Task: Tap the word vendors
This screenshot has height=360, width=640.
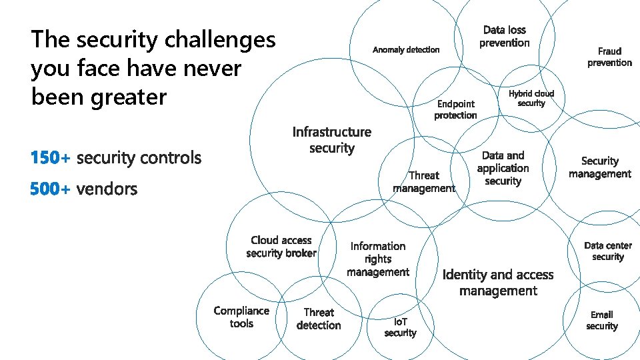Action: [x=107, y=189]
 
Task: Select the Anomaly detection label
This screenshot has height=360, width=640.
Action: [x=406, y=50]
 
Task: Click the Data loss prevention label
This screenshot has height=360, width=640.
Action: [x=504, y=37]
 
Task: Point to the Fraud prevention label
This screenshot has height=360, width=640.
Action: [x=609, y=57]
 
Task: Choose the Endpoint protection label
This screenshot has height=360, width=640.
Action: [x=456, y=109]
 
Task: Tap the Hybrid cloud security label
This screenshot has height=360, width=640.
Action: [x=531, y=98]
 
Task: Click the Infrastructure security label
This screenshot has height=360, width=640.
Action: [x=332, y=140]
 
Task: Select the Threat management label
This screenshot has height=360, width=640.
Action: [x=424, y=181]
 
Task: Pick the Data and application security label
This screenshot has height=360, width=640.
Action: [x=503, y=168]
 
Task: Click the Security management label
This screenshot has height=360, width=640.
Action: [x=599, y=167]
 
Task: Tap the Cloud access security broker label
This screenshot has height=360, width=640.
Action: [x=281, y=247]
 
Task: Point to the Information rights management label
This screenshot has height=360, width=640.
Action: [x=378, y=259]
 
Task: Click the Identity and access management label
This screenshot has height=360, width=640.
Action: [x=498, y=283]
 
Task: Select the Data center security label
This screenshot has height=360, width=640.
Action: [x=608, y=251]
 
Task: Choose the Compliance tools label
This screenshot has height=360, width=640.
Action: [x=241, y=317]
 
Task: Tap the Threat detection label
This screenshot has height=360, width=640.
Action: [x=319, y=319]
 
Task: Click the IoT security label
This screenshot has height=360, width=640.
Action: [x=400, y=327]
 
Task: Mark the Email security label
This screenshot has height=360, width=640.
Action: [x=602, y=320]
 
